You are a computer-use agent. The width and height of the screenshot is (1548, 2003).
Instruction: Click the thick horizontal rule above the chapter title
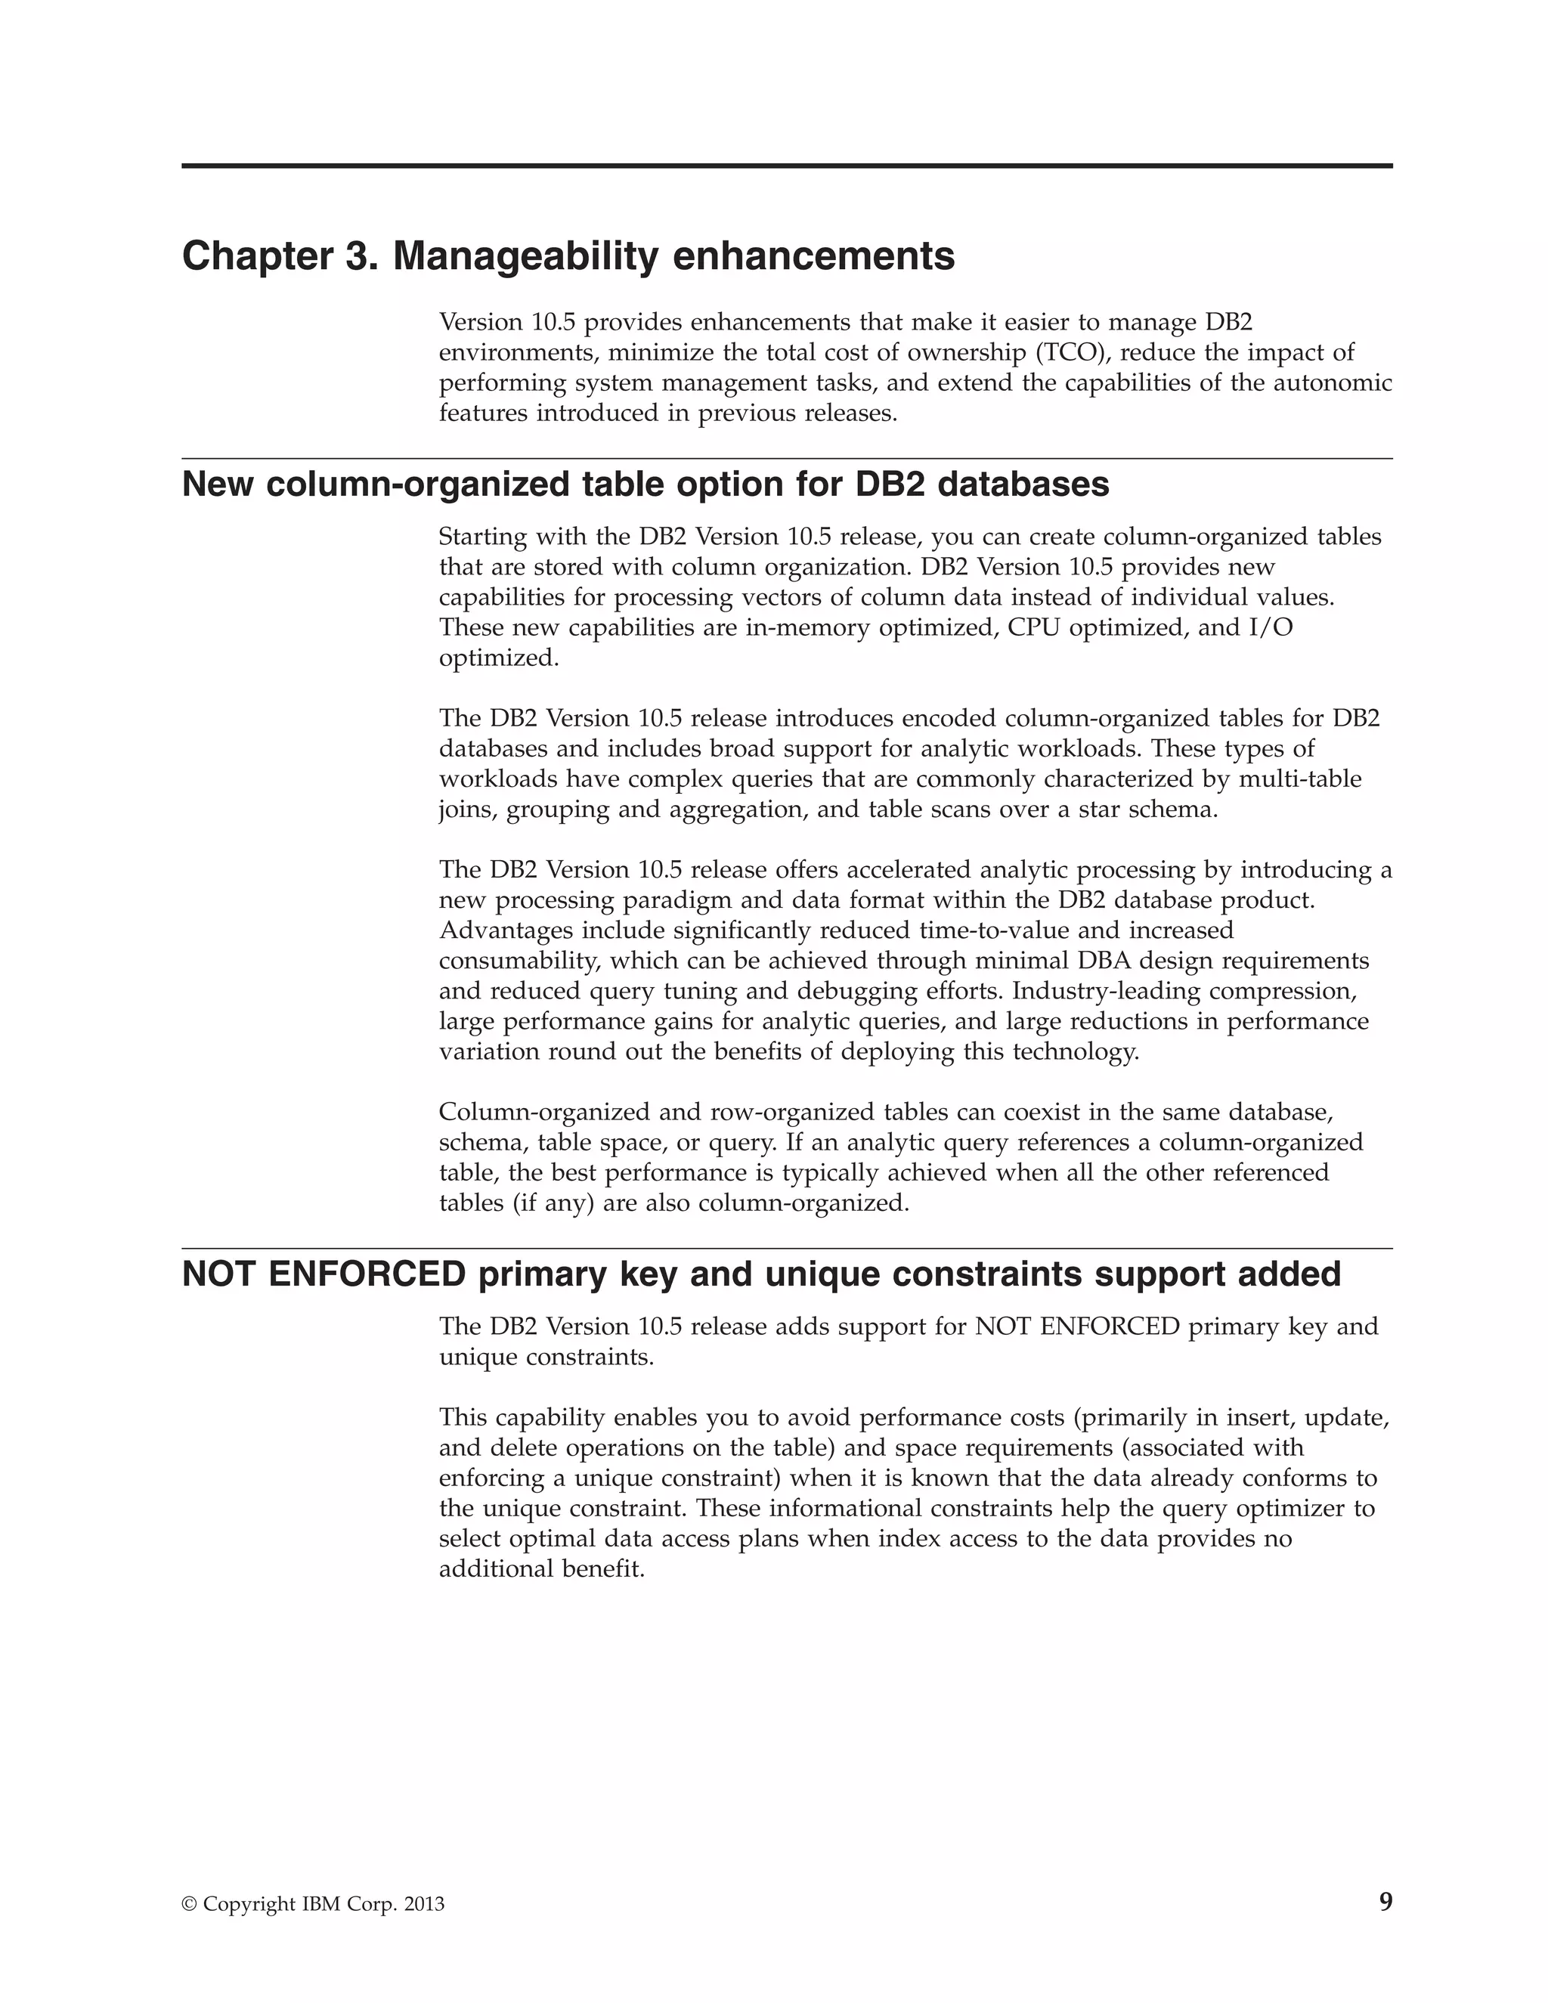787,166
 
